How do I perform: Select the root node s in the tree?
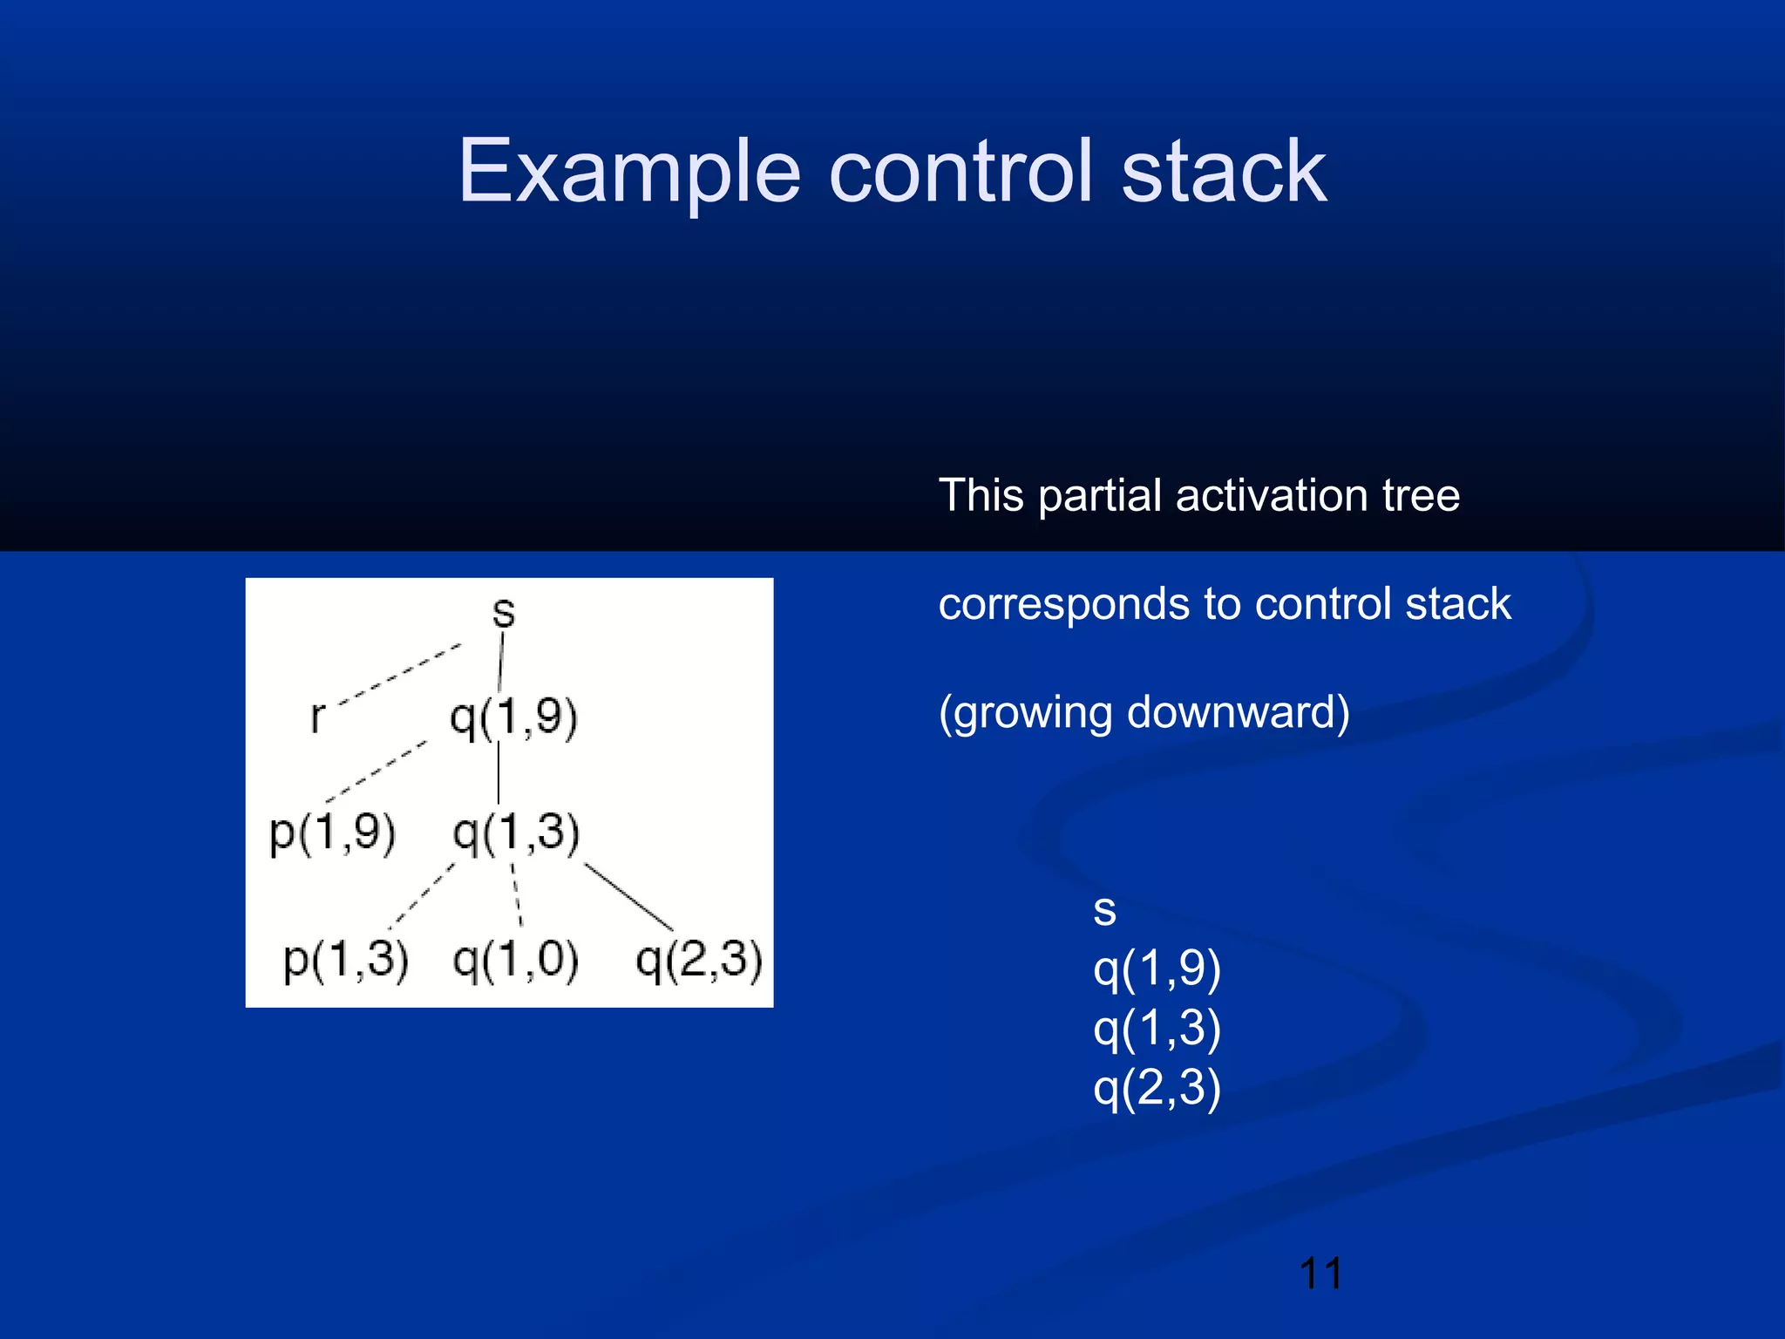(504, 612)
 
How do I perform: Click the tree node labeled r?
(317, 717)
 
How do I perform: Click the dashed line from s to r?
(399, 673)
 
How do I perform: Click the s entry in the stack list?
(1104, 911)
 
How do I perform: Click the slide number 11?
(1320, 1274)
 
